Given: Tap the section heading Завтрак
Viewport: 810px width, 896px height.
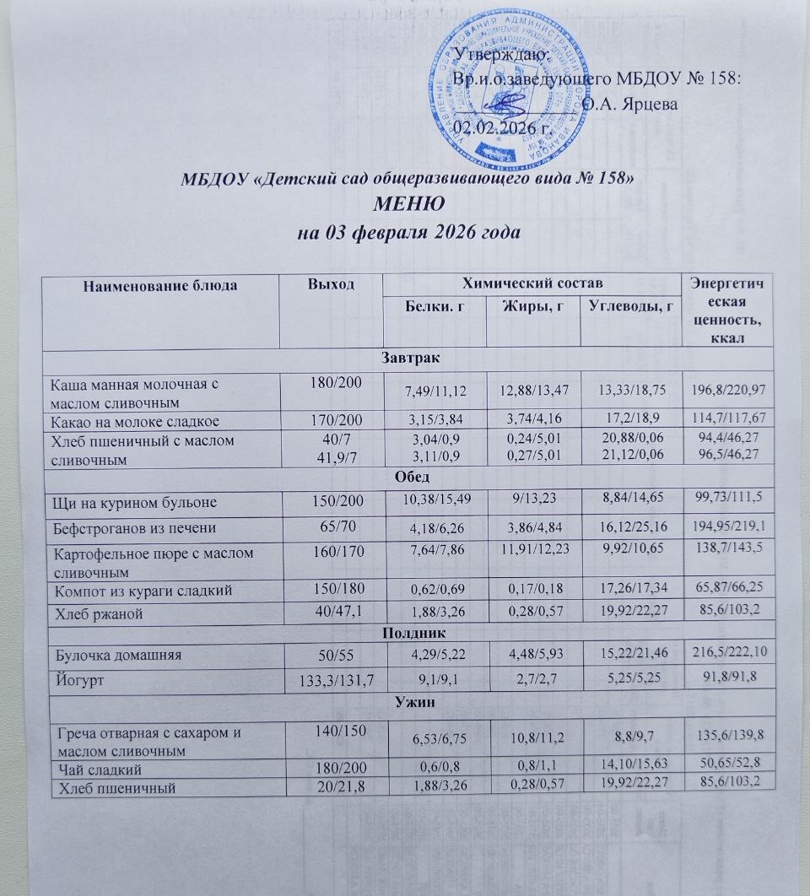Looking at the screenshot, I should coord(408,359).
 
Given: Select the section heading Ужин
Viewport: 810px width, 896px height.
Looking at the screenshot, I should coord(408,699).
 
